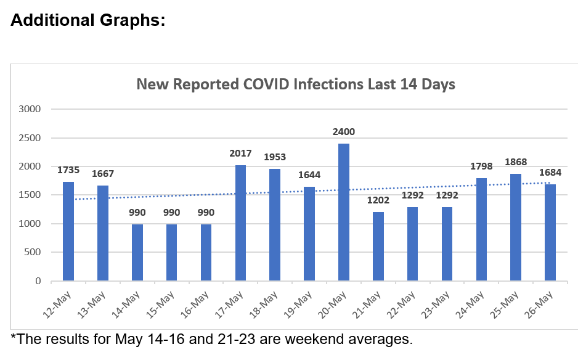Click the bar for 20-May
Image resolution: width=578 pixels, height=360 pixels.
[344, 212]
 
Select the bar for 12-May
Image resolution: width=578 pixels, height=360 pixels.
[68, 231]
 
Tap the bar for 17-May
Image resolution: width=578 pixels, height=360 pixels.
[240, 223]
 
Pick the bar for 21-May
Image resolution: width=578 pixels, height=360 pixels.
[378, 246]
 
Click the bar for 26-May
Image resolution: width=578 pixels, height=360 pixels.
[550, 232]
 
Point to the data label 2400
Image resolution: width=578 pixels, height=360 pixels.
[344, 131]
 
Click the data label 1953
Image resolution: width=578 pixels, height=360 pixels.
[275, 157]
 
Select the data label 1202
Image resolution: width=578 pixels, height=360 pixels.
[378, 200]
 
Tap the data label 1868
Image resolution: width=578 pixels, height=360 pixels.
[516, 162]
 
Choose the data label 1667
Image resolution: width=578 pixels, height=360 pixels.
[103, 173]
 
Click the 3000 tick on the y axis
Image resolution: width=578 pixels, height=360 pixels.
[30, 109]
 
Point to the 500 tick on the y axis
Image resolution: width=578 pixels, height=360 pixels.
[32, 252]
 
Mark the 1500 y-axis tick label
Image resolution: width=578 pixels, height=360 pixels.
[30, 195]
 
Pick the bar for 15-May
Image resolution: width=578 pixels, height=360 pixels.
[172, 252]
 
